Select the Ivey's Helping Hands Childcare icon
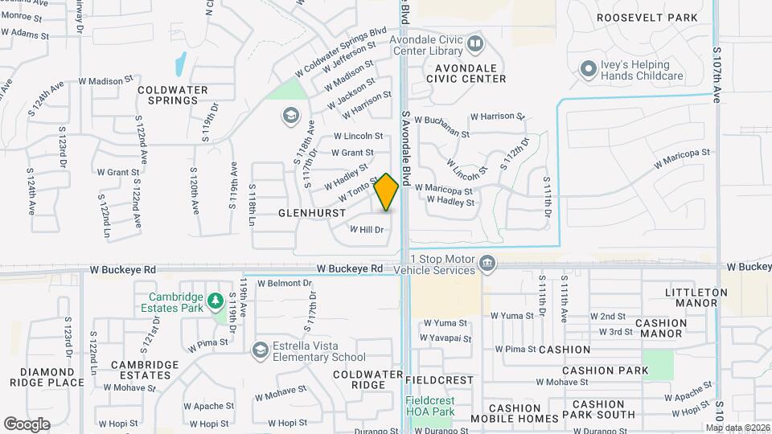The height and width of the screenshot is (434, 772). point(588,70)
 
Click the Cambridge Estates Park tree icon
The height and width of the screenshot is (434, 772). point(215,301)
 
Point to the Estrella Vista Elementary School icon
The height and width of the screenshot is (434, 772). point(260,350)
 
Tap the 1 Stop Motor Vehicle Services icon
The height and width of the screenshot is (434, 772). point(487,264)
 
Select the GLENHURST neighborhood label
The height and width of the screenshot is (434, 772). point(311,213)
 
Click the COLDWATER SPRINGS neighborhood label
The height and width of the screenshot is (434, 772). point(172,95)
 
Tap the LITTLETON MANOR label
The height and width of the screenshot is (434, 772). point(691,297)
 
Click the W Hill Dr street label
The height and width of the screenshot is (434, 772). point(366,229)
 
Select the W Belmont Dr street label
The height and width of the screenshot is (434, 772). point(285,283)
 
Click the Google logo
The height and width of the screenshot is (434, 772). point(27,424)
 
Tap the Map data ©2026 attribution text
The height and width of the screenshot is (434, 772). point(736,428)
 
